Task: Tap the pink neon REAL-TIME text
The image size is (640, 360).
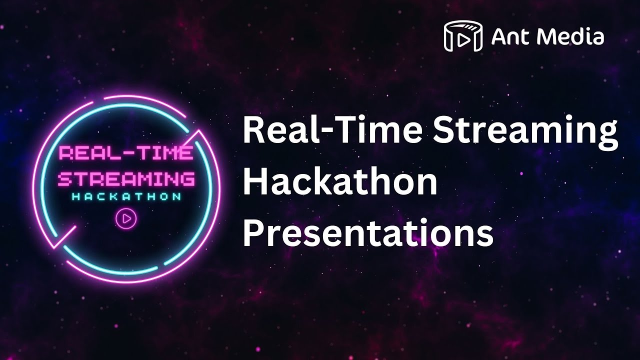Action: (125, 153)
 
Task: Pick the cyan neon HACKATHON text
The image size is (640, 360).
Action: (126, 196)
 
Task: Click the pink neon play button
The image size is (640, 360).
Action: (126, 218)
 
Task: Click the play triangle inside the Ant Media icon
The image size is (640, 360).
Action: (463, 39)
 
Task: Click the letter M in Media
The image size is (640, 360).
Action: (543, 36)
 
